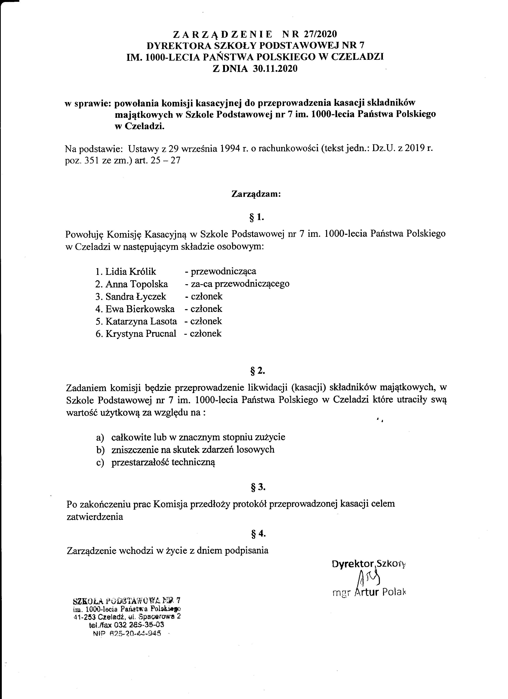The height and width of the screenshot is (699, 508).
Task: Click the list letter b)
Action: coord(100,450)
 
